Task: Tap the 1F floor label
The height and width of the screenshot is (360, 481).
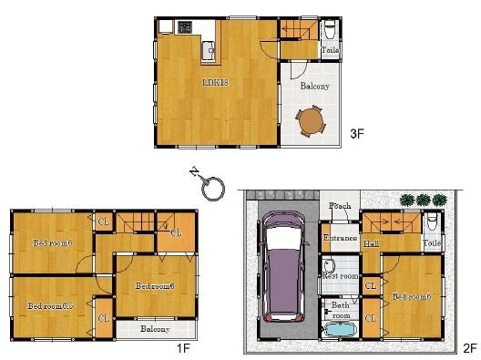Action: tap(182, 347)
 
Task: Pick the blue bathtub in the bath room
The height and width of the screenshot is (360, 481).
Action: tap(339, 329)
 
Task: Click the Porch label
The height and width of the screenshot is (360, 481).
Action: tap(340, 206)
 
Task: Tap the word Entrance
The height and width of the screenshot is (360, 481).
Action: tap(339, 238)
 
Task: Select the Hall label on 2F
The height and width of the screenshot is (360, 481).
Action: tap(371, 244)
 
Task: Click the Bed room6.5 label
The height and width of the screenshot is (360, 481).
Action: tap(49, 305)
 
